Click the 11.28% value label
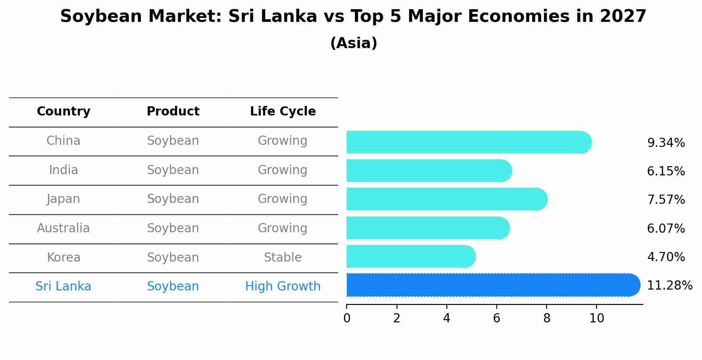(670, 286)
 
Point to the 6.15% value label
(666, 171)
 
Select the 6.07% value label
(666, 228)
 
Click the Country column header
(63, 112)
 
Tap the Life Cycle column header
(283, 112)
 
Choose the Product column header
(173, 112)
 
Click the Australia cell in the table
(63, 228)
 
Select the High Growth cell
(283, 287)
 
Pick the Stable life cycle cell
(283, 258)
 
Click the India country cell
(63, 170)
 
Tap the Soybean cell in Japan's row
(173, 199)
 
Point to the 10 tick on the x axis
(597, 318)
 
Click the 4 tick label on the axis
(446, 318)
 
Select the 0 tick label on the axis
(347, 318)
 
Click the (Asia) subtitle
(354, 43)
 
